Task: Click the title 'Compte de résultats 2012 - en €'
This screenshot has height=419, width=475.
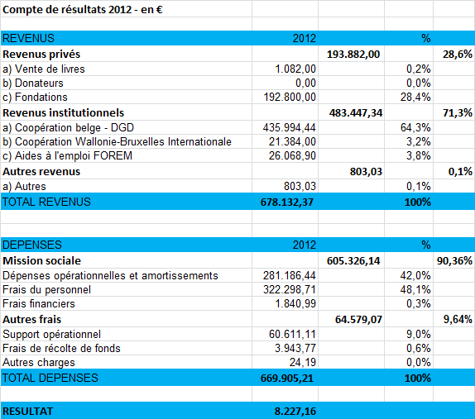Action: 83,10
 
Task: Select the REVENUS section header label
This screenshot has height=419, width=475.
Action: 28,38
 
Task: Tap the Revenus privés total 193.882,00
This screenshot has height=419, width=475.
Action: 353,55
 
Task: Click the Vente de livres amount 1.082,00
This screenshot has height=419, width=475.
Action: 295,69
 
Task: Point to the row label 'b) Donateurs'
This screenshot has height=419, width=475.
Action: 33,83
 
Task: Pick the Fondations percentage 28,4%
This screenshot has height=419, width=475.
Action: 415,98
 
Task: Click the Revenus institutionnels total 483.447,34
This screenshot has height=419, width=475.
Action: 356,113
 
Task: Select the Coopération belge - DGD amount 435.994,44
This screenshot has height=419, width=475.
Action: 290,127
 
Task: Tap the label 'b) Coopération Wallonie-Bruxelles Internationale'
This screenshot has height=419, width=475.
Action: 117,141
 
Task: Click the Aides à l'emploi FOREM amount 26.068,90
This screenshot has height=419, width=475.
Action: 292,156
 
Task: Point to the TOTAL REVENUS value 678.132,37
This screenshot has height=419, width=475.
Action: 287,202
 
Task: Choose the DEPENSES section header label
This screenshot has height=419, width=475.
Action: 32,245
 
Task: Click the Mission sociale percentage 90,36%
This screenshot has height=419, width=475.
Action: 454,261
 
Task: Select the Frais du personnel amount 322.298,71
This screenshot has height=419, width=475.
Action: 290,289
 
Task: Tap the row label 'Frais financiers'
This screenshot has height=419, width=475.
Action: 38,303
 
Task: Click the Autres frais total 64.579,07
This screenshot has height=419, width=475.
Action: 358,320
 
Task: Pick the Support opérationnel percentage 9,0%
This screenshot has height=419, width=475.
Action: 419,335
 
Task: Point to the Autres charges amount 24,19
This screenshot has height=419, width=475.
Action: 303,363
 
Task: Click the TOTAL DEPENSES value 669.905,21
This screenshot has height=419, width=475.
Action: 287,379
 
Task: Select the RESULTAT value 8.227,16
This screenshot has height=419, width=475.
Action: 295,412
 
